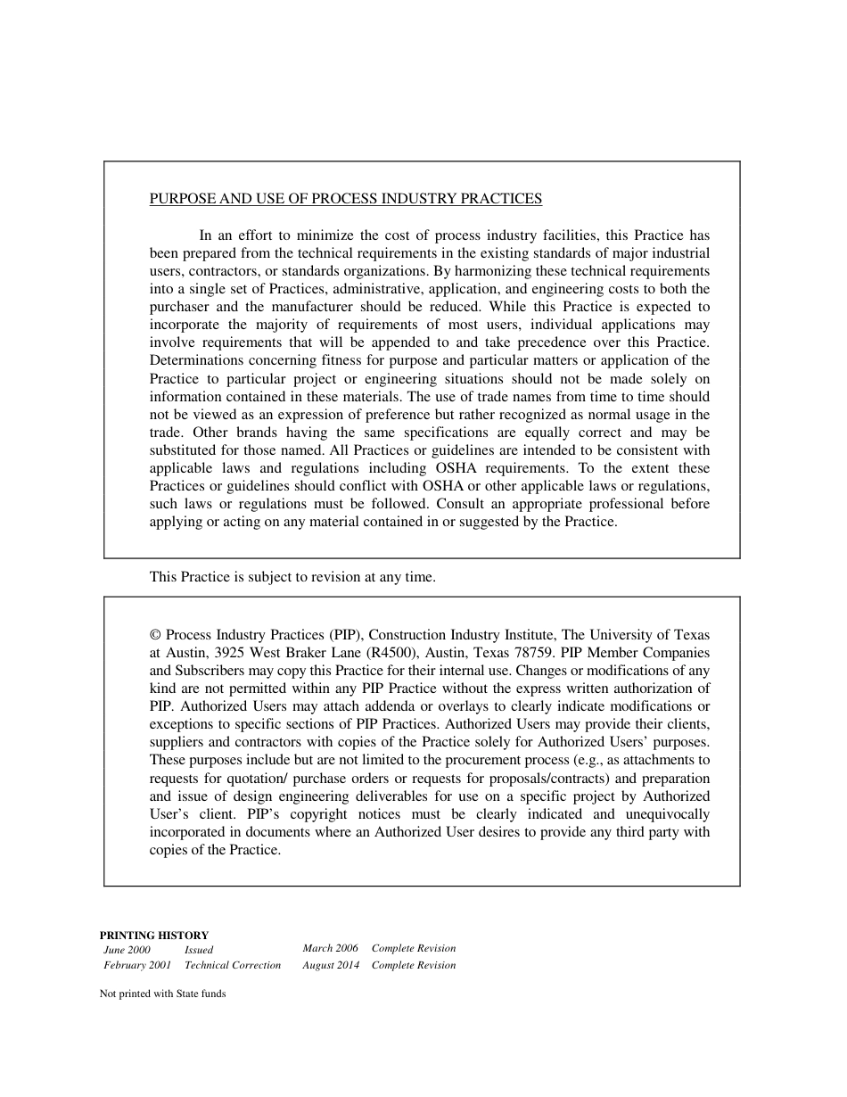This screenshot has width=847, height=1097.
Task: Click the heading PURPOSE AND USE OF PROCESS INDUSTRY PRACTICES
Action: pos(345,199)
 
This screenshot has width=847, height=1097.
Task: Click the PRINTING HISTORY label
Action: pos(153,936)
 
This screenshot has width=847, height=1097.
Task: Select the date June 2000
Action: pos(127,950)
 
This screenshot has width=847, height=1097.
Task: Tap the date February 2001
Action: pos(137,965)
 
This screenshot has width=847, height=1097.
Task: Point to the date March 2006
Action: pos(330,948)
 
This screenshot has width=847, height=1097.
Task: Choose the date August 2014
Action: pos(331,965)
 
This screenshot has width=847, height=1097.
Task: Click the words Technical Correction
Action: pos(232,965)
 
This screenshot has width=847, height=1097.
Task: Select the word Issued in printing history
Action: pos(199,950)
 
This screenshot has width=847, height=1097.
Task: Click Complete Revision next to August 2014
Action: pos(413,965)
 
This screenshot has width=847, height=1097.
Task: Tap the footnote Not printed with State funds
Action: pos(162,994)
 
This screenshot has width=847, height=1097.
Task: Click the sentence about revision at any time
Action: pos(292,577)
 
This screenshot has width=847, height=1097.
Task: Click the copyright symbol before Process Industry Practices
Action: pos(155,635)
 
